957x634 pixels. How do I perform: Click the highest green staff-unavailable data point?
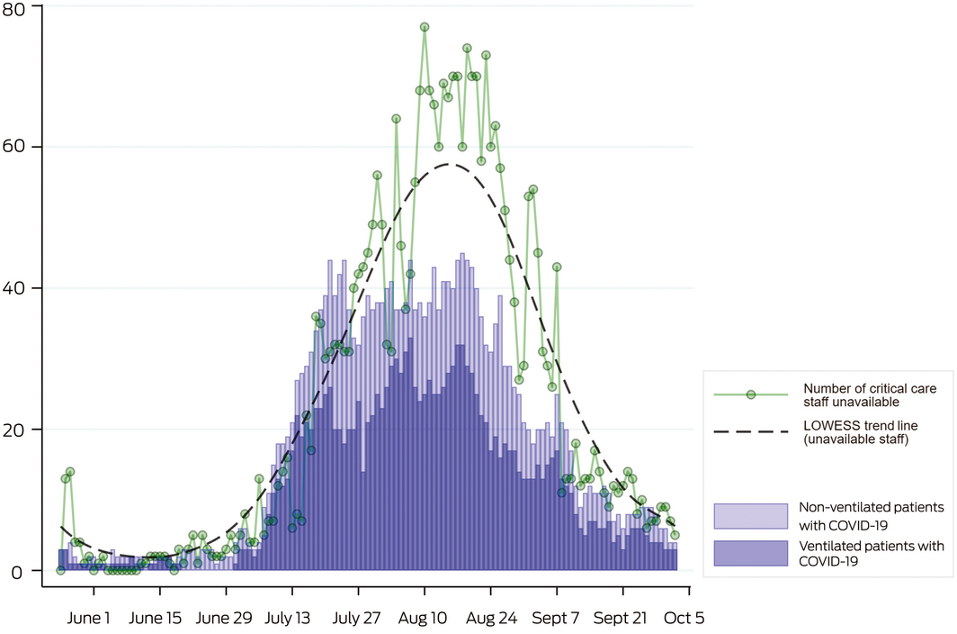click(x=425, y=27)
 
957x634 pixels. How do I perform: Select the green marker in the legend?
click(x=751, y=394)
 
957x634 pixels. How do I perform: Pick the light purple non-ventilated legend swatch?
click(x=751, y=515)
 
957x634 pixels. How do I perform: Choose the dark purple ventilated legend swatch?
click(x=751, y=553)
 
